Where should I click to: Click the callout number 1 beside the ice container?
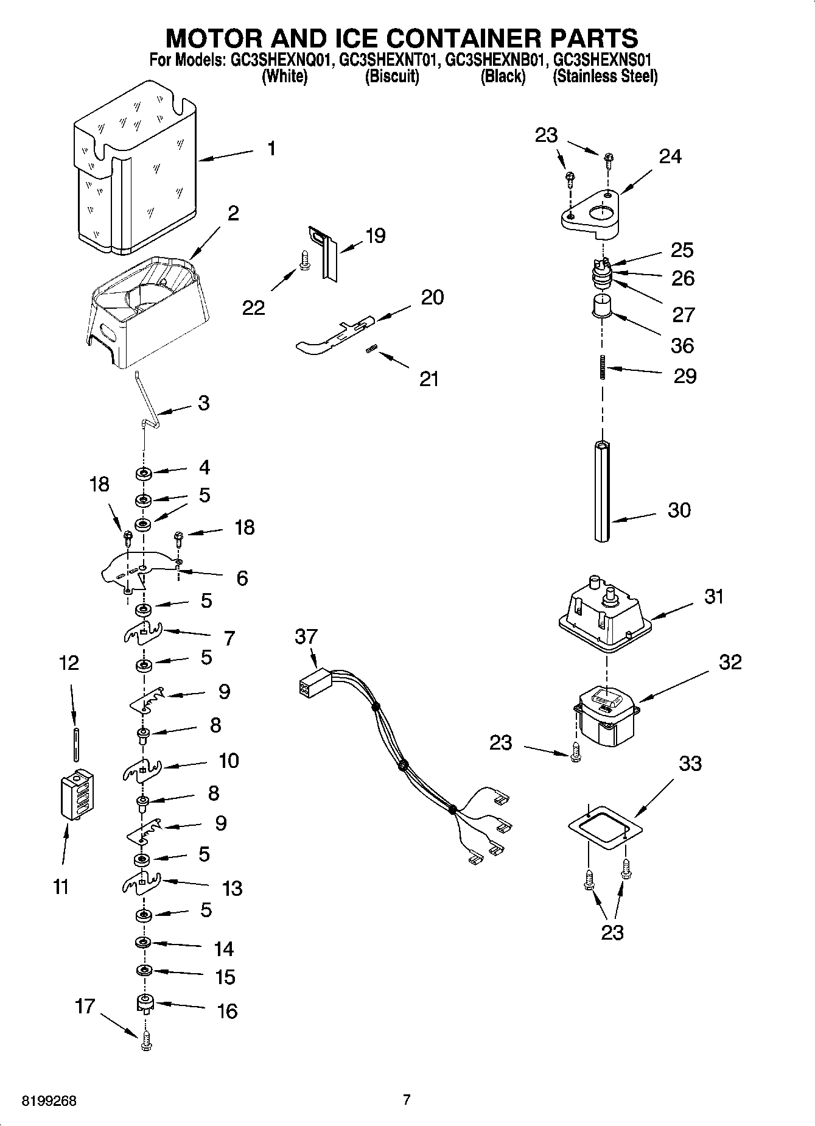coord(271,148)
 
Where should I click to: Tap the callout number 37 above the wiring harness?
coord(306,636)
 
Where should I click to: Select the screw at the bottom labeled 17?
coord(145,1043)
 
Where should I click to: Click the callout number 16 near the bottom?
coord(227,1012)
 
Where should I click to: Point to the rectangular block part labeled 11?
coord(77,796)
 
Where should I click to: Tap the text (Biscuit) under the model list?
coord(392,77)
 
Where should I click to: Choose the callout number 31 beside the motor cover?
coord(713,596)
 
